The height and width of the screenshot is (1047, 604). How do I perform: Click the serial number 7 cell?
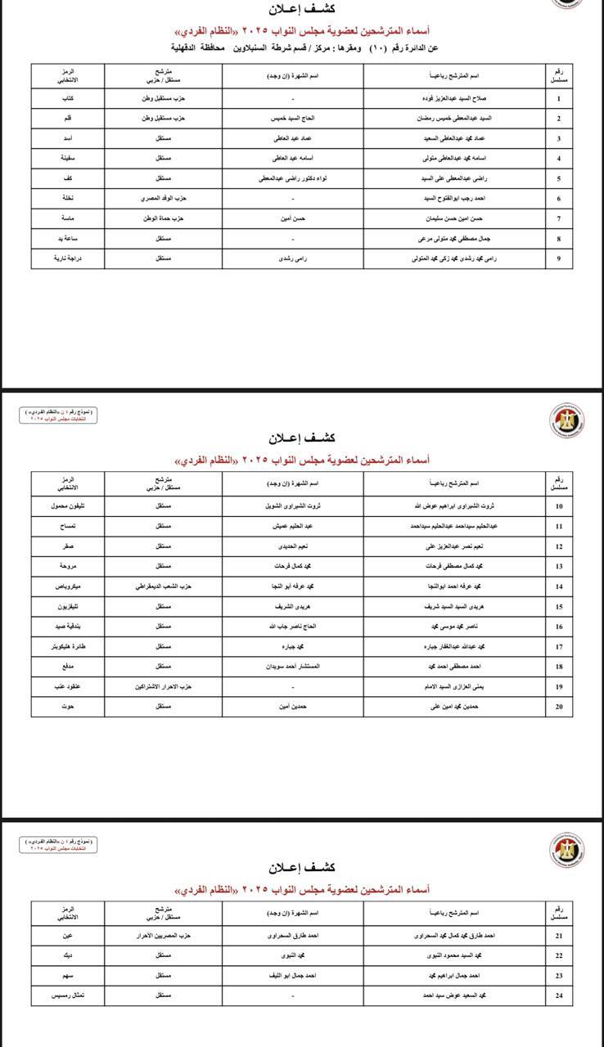558,219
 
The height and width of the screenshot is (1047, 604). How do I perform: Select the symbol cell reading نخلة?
68,199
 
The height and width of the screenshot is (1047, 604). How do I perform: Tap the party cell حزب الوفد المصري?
164,199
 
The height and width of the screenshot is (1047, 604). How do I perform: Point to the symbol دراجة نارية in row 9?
68,258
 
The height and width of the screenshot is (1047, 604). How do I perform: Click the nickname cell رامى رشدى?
292,258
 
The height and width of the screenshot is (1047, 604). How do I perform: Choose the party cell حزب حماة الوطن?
164,219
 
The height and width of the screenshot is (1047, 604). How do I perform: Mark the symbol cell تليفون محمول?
68,506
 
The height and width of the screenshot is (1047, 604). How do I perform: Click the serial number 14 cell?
558,586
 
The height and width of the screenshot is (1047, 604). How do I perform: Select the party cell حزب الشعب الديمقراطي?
164,586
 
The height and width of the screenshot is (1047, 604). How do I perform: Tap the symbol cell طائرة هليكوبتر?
68,646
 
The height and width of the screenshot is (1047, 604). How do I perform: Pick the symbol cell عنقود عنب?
68,686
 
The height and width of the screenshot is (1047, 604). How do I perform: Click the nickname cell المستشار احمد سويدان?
292,667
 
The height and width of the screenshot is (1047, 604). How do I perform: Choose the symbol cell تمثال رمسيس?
68,995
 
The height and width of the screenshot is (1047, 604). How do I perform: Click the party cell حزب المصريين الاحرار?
164,935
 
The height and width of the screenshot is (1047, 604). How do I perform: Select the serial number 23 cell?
558,975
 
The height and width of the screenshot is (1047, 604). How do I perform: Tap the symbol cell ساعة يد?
68,239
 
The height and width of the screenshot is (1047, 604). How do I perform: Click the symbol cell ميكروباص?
68,586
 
